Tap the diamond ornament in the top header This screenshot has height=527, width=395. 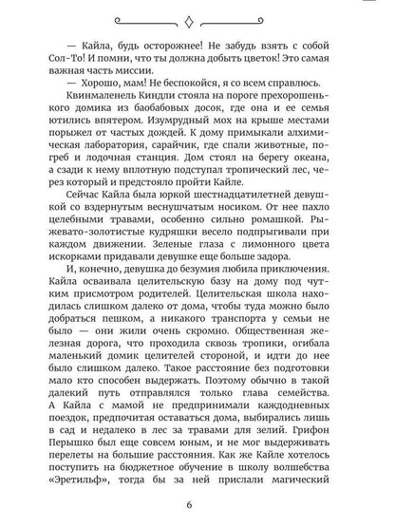pos(198,16)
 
